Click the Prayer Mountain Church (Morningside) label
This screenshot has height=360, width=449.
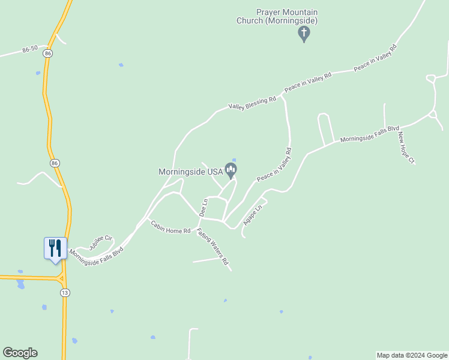[x=278, y=16]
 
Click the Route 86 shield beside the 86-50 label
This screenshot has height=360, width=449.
[x=47, y=53]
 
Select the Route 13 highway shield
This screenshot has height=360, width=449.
[x=64, y=292]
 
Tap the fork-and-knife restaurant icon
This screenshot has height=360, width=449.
[x=55, y=248]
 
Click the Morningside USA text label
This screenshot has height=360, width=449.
[x=190, y=172]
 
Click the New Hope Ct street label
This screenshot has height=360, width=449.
[x=406, y=148]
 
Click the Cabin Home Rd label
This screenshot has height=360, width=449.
[x=170, y=227]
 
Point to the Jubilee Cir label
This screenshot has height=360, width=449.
[x=101, y=242]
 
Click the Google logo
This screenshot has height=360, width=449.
[x=20, y=353]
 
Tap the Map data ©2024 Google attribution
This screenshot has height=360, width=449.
[x=412, y=355]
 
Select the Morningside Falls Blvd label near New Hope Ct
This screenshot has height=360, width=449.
[x=370, y=134]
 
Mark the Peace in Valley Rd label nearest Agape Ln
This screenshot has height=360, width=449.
[x=274, y=166]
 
